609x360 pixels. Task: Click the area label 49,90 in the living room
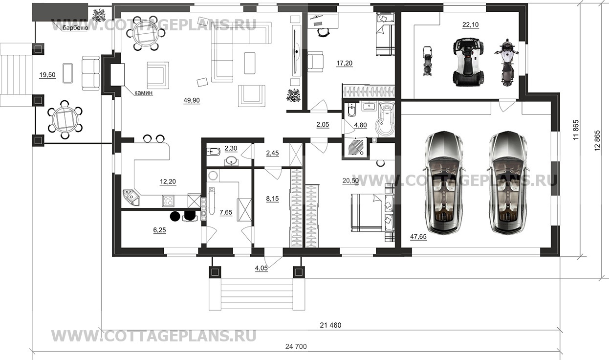[192, 100]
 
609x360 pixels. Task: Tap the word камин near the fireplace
[144, 93]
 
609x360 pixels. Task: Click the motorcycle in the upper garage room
[506, 63]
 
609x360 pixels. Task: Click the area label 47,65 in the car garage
[418, 237]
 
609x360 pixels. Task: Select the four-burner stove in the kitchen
[168, 201]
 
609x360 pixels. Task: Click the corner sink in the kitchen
[131, 197]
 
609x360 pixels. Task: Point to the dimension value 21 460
[330, 325]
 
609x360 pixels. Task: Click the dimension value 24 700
[296, 347]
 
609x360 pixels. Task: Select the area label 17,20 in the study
[345, 63]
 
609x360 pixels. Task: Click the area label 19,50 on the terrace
[47, 74]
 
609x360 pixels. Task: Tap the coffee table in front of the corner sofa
[250, 63]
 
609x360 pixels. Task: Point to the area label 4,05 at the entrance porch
[261, 269]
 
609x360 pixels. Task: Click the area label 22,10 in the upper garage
[470, 25]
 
